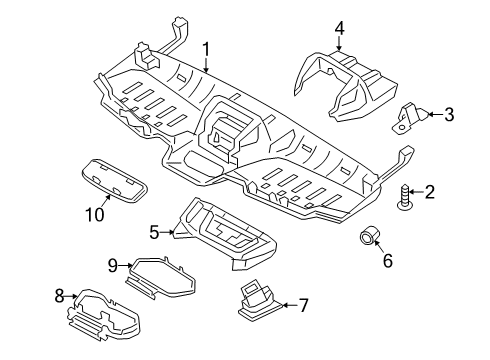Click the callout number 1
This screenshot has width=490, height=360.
[206, 47]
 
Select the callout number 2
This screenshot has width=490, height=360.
[431, 192]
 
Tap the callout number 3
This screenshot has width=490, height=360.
[448, 115]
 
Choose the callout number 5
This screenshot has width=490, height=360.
[154, 233]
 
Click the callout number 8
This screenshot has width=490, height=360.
[58, 296]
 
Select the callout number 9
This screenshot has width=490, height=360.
[113, 265]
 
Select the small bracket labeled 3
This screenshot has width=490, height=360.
[409, 117]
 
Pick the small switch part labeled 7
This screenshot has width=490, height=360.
[263, 299]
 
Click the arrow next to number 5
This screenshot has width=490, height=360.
[170, 233]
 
